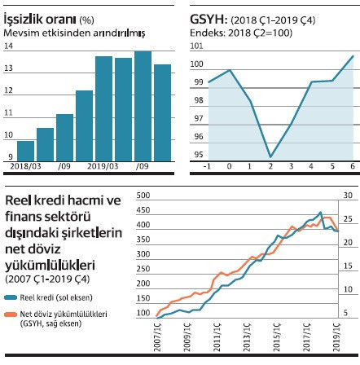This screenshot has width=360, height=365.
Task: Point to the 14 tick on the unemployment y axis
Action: [x=8, y=46]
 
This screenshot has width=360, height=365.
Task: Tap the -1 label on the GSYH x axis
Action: [x=208, y=166]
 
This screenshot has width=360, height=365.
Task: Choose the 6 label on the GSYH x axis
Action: [x=352, y=166]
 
